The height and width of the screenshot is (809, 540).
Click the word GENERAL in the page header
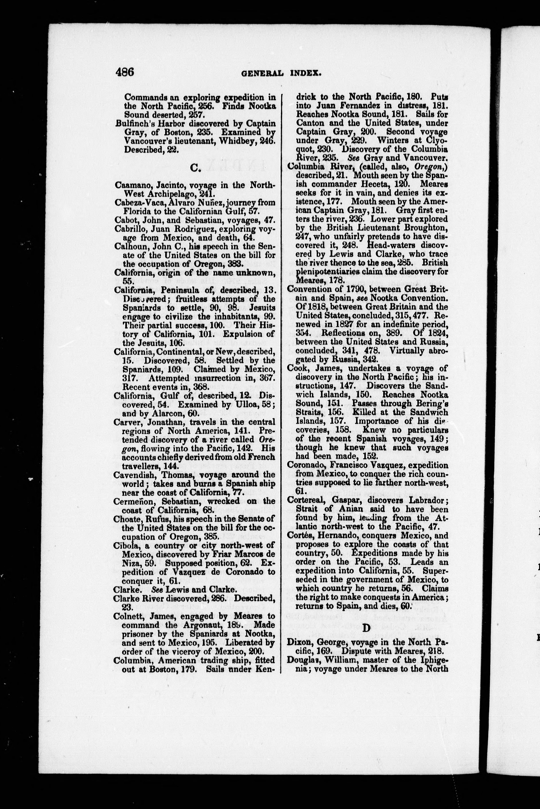pos(262,73)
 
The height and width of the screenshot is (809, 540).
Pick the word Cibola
pos(124,545)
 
